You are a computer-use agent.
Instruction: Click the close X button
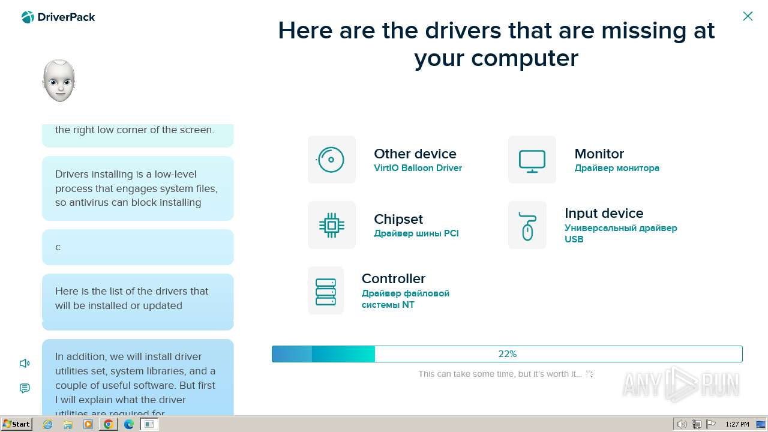pyautogui.click(x=748, y=16)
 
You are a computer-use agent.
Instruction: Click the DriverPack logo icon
pyautogui.click(x=28, y=17)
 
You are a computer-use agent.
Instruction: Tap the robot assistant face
pyautogui.click(x=59, y=81)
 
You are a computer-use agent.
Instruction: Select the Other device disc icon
pyautogui.click(x=331, y=160)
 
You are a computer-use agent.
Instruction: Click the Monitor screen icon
pyautogui.click(x=532, y=161)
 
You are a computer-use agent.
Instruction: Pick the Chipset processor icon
pyautogui.click(x=332, y=225)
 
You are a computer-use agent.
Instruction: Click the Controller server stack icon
pyautogui.click(x=326, y=292)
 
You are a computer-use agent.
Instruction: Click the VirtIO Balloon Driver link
pyautogui.click(x=418, y=168)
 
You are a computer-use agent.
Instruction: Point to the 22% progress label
pyautogui.click(x=508, y=354)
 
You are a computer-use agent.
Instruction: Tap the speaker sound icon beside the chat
pyautogui.click(x=25, y=363)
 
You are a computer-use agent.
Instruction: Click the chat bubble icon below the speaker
pyautogui.click(x=25, y=388)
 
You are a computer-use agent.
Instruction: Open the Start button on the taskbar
pyautogui.click(x=16, y=424)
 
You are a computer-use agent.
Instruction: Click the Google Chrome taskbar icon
pyautogui.click(x=109, y=424)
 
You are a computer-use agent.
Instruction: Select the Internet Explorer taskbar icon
pyautogui.click(x=47, y=424)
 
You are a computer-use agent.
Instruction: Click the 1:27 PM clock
pyautogui.click(x=737, y=424)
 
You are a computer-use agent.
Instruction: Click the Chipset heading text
pyautogui.click(x=398, y=220)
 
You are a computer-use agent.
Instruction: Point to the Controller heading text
pyautogui.click(x=394, y=278)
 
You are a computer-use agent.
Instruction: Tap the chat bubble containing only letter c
pyautogui.click(x=138, y=247)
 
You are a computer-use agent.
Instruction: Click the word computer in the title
pyautogui.click(x=525, y=58)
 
